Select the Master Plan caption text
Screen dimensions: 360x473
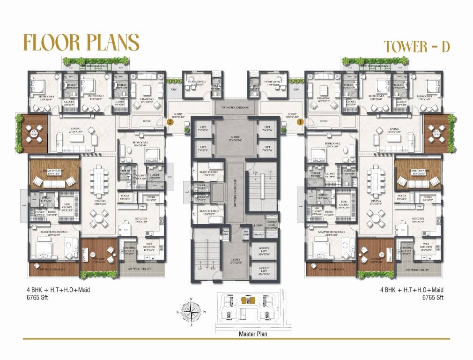[x=253, y=334]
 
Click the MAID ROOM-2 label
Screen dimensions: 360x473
[x=208, y=212]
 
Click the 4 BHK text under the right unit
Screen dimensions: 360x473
[x=388, y=290]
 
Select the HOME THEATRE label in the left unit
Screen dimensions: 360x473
[x=53, y=171]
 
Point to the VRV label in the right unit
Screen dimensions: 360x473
[x=296, y=89]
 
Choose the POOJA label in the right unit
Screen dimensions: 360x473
[x=401, y=197]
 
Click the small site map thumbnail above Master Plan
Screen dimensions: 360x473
[x=248, y=309]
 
